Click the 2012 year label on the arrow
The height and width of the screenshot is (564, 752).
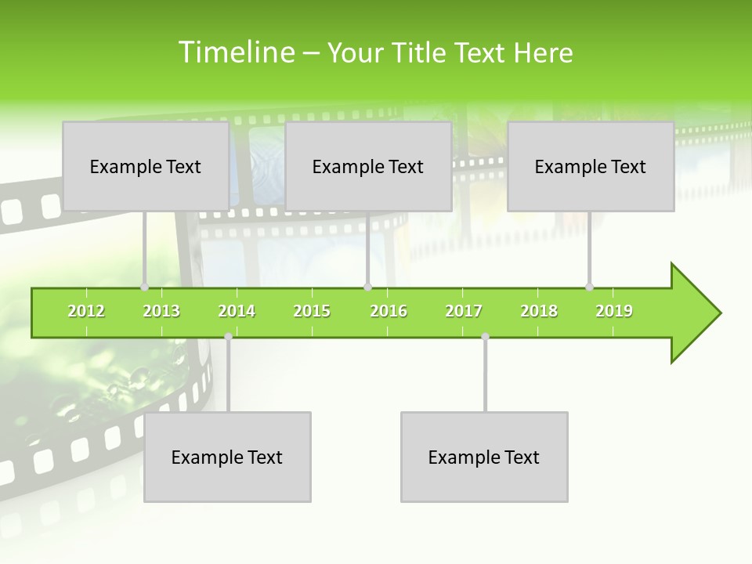point(86,311)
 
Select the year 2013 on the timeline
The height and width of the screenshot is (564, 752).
point(161,311)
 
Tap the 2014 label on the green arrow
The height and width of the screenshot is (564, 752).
point(237,311)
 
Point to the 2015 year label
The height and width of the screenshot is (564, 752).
point(312,311)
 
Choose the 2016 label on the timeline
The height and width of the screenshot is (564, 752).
point(389,311)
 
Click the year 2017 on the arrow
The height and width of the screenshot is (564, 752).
point(464,311)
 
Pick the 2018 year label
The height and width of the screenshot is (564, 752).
point(539,311)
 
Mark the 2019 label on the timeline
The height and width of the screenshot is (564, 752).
point(614,311)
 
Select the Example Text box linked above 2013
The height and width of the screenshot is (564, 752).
point(146,166)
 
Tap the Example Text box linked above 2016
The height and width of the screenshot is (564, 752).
point(368,166)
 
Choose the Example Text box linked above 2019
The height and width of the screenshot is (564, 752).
point(591,166)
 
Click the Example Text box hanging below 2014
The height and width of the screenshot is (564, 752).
point(227,457)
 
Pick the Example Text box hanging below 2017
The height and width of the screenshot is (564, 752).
point(484,457)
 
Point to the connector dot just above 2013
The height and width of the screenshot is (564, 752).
point(145,287)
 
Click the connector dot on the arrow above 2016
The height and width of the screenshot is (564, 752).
point(367,287)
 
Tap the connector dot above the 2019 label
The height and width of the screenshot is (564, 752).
point(590,287)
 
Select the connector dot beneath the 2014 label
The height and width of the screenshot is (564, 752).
point(228,337)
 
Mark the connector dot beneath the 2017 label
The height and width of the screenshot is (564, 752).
point(485,337)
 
